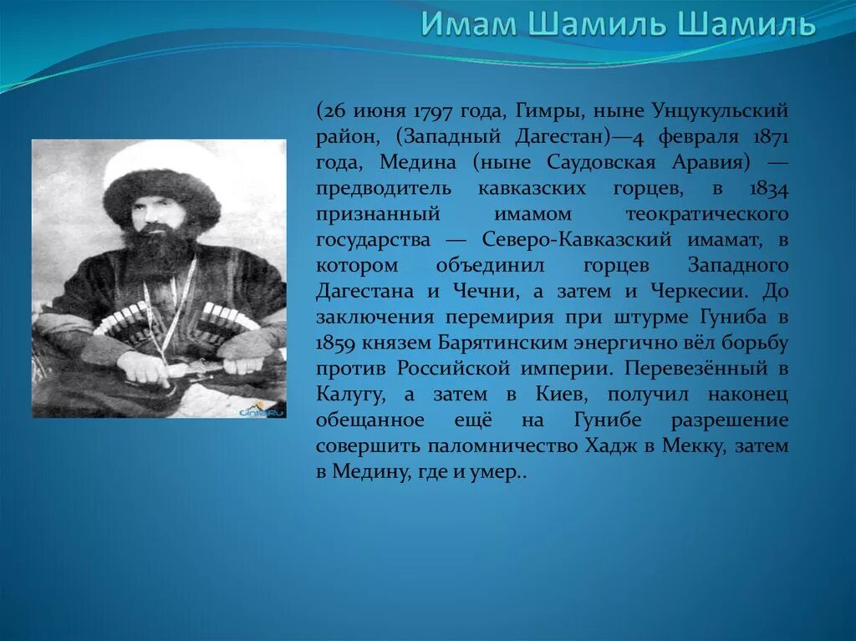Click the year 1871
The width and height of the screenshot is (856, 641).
768,136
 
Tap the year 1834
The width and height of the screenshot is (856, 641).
768,188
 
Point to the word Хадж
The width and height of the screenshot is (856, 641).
609,447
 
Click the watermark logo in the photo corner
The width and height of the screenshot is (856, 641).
262,410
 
